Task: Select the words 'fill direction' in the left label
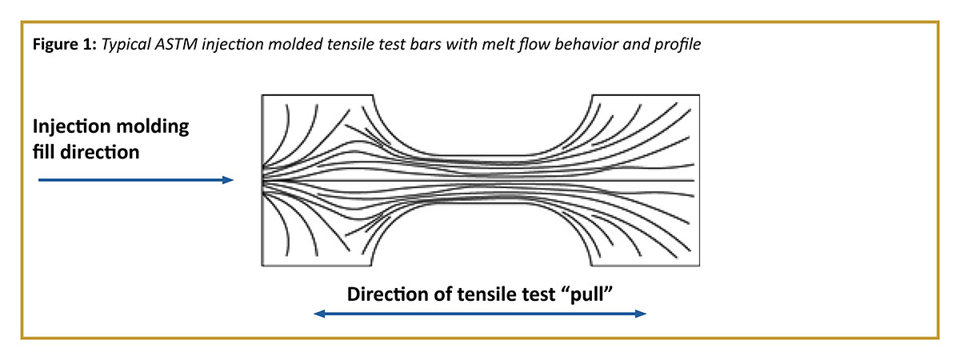86,150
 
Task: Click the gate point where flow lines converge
263,180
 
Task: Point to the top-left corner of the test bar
262,96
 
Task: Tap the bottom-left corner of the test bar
262,266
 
